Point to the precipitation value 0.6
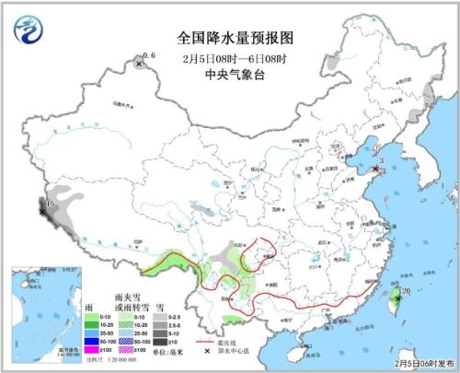point(150,57)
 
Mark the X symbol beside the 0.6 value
point(139,64)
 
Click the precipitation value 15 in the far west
point(51,202)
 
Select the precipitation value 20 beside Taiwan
point(406,292)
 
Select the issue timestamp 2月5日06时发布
point(424,363)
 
